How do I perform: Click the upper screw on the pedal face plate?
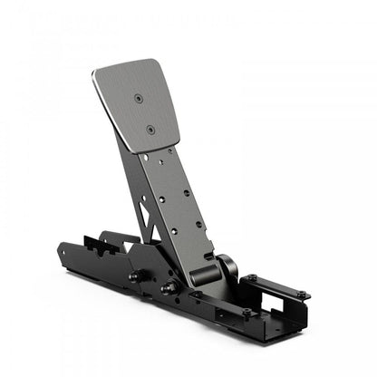138,96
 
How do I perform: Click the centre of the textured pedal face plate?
137,108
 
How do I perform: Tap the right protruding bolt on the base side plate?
166,289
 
